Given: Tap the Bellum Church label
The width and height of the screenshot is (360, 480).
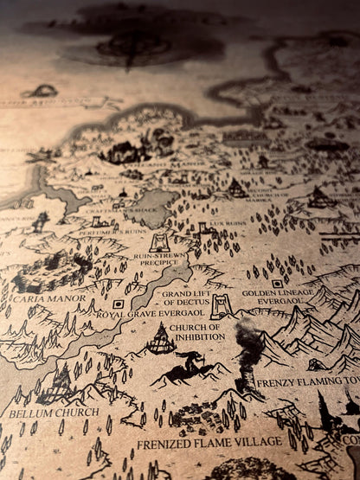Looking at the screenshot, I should click(42, 413).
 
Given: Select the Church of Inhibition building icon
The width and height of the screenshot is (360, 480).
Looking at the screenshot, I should click(161, 338).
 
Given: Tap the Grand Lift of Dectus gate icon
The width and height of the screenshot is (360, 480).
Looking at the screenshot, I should click(222, 306).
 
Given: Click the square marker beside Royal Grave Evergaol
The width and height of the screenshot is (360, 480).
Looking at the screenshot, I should click(119, 304).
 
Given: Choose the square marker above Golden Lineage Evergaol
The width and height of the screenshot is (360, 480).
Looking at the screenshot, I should click(277, 283).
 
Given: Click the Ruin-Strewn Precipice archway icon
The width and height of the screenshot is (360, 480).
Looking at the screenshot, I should click(160, 242).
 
